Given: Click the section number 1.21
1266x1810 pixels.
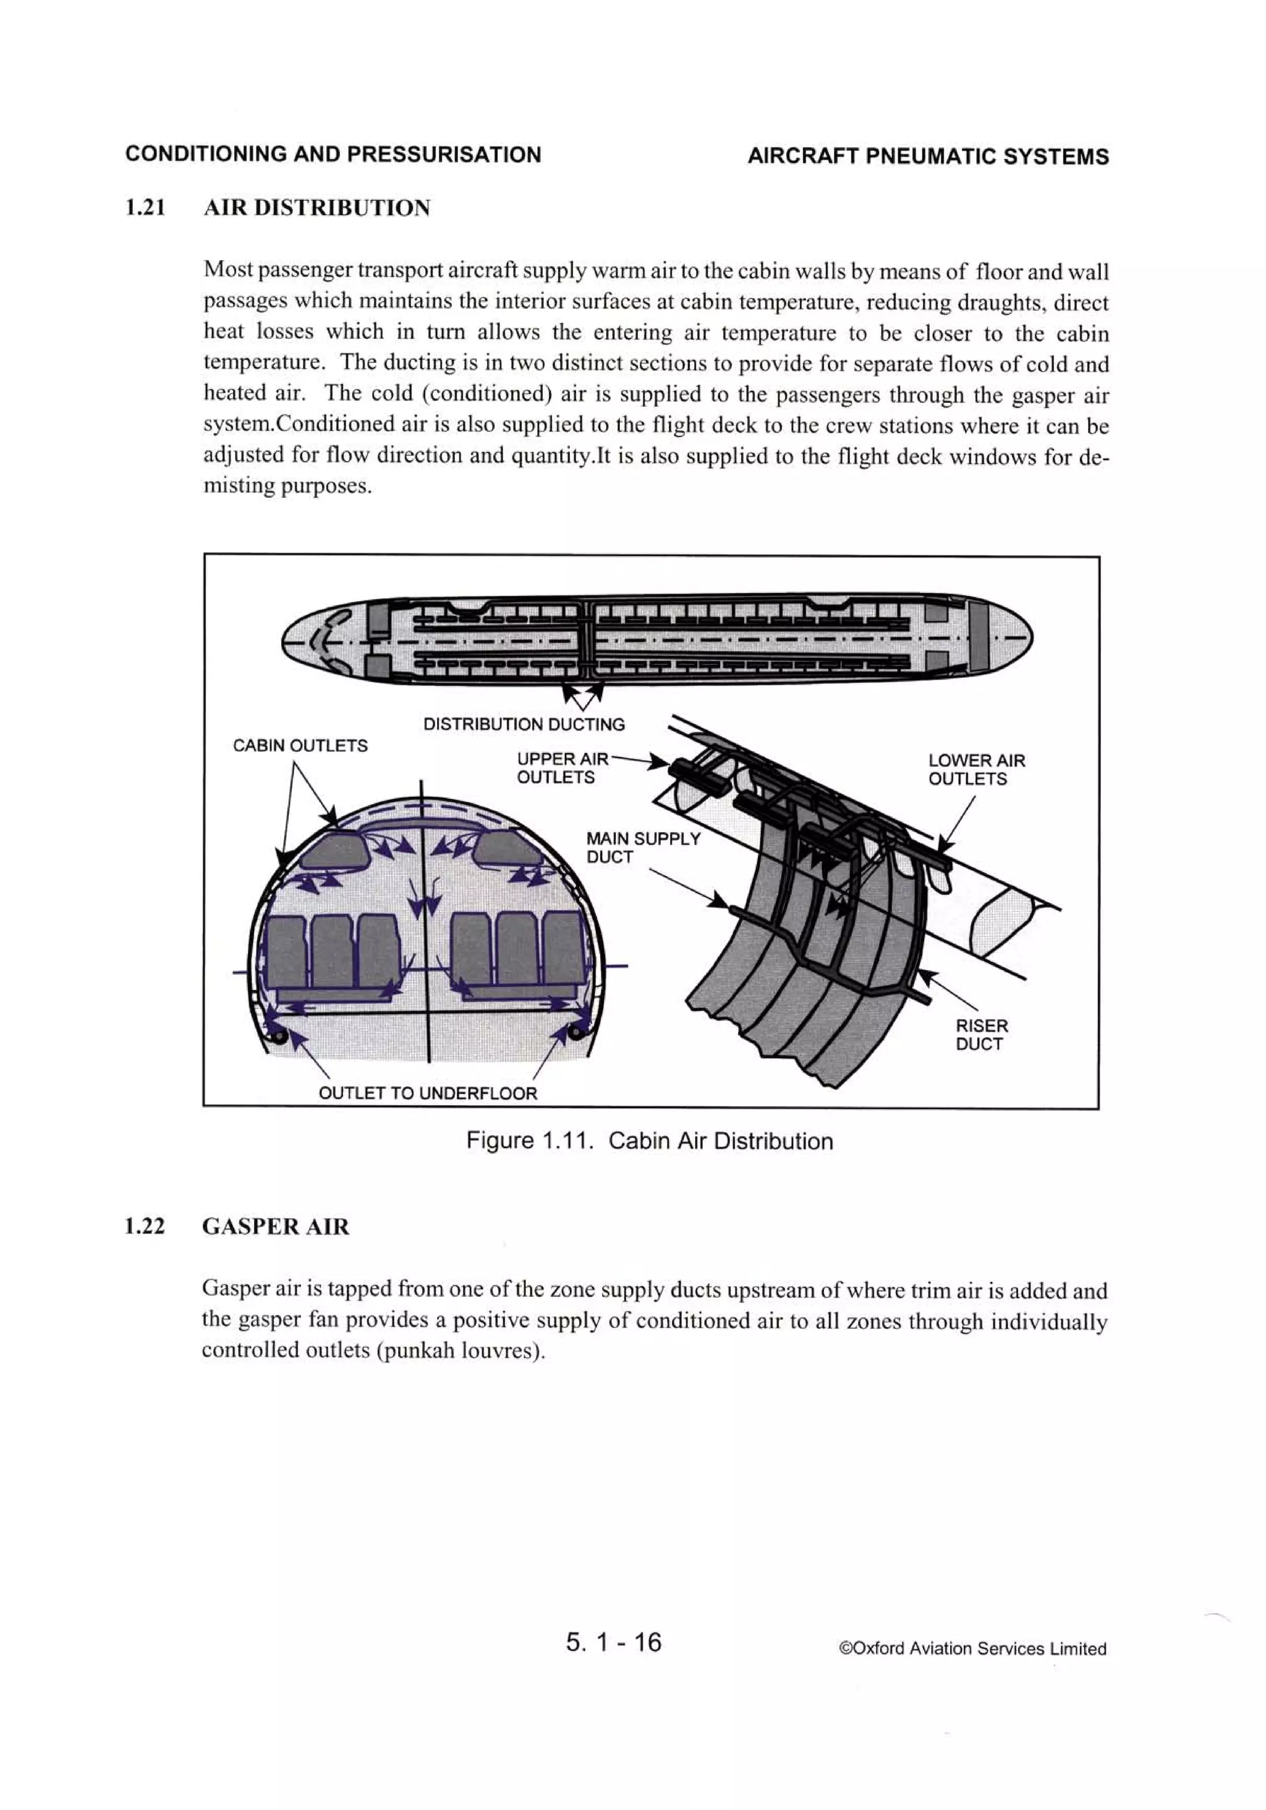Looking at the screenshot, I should pos(145,208).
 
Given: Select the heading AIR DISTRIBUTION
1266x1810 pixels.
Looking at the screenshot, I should pos(317,208).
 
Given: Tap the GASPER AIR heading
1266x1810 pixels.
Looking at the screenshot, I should pos(275,1227).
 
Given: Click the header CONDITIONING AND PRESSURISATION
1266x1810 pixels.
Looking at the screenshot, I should pos(333,155).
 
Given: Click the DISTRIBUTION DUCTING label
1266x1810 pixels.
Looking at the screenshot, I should pos(524,724).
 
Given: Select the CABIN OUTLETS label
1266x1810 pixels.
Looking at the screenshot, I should pos(300,745).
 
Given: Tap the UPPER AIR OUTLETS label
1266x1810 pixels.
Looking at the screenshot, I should pos(561,768).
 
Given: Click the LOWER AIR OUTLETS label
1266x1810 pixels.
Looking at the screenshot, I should pos(976,769).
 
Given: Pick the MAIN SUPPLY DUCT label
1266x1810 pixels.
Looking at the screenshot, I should pos(642,847).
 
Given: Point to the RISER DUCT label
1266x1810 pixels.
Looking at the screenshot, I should pos(982,1035).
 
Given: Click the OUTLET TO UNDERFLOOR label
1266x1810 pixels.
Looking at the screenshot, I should pos(427,1093).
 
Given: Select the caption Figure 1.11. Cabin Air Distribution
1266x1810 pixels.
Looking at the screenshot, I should pos(649,1141).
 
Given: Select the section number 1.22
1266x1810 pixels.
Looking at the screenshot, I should pos(145,1227).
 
